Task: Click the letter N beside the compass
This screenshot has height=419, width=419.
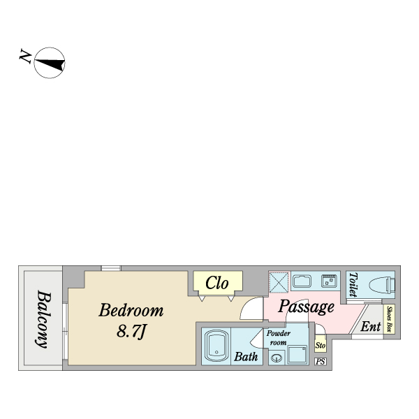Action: pos(25,57)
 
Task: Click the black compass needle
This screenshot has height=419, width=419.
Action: pos(50,64)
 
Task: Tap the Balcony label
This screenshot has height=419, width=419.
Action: pos(43,319)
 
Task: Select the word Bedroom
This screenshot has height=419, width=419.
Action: pos(131,311)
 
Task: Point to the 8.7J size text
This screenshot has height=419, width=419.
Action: pos(131,332)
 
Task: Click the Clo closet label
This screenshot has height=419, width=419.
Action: pos(217,283)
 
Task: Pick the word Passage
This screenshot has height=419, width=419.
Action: pos(306,307)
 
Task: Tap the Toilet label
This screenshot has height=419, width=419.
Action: pos(353,284)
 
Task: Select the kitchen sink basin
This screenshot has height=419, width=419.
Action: pos(302,281)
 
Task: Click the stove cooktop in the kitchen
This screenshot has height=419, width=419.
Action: pos(329,281)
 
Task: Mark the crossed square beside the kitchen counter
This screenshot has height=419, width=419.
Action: pos(279,282)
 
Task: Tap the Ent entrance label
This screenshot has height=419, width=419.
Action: pos(370,326)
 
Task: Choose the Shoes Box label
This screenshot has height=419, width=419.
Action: pos(390,319)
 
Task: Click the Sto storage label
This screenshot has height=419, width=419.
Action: pos(320,345)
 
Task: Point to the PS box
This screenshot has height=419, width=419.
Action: pos(321,362)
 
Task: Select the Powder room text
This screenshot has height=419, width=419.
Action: pos(278,338)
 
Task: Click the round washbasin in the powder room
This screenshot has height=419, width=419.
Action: pos(277,358)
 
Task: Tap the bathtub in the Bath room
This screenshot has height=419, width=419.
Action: pos(216,346)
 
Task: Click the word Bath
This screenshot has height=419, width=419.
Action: pos(246,356)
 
